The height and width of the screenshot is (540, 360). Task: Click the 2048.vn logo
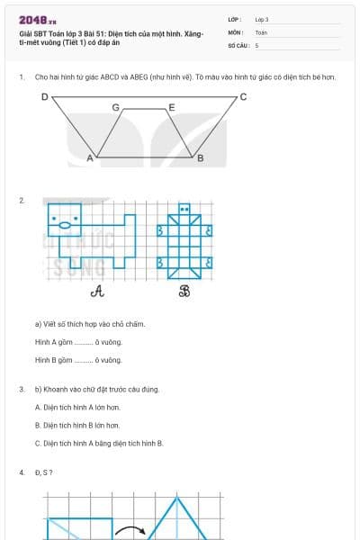click(x=38, y=20)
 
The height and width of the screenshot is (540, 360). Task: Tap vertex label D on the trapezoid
click(x=44, y=95)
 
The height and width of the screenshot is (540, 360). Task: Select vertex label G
click(x=115, y=107)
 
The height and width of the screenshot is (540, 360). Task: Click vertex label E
click(x=172, y=107)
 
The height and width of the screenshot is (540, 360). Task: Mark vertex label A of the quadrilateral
click(x=89, y=158)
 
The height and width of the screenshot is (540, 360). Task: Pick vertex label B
click(x=200, y=158)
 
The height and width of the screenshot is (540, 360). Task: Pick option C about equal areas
click(x=99, y=443)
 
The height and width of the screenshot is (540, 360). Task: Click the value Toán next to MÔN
click(x=261, y=31)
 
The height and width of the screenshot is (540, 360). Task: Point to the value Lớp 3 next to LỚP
click(x=262, y=19)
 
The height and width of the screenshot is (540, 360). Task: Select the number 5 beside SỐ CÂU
click(x=256, y=44)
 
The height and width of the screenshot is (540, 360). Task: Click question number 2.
click(x=22, y=200)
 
